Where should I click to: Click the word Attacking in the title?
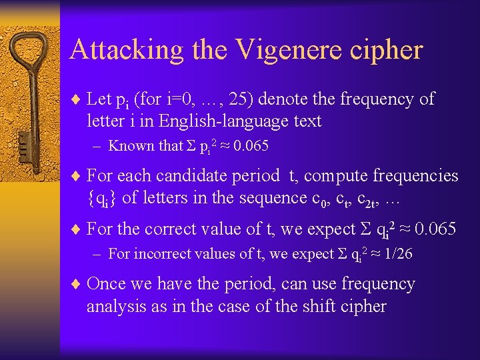click(x=117, y=50)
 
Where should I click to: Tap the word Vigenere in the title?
click(x=287, y=50)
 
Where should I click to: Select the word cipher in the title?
click(x=387, y=50)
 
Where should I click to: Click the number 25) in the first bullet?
click(x=239, y=99)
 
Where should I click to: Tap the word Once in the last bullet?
click(x=105, y=284)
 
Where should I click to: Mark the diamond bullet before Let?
click(x=77, y=100)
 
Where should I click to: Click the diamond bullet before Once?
click(x=77, y=285)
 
